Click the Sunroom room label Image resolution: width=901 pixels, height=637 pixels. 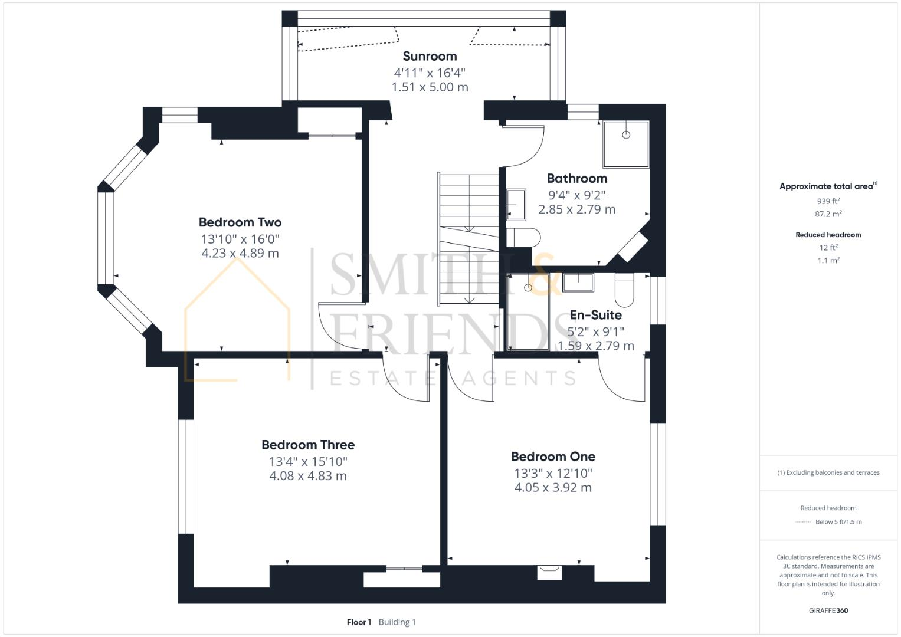pyautogui.click(x=430, y=57)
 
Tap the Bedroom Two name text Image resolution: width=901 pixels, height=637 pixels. pyautogui.click(x=240, y=222)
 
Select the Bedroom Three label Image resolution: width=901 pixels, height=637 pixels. pyautogui.click(x=307, y=445)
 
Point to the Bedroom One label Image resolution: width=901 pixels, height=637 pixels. pyautogui.click(x=553, y=457)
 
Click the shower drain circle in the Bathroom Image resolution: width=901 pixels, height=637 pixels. pyautogui.click(x=625, y=135)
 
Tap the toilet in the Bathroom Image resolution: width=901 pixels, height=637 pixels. pyautogui.click(x=523, y=237)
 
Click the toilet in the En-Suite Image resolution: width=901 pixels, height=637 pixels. pyautogui.click(x=624, y=290)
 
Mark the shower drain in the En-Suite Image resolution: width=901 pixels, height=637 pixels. pyautogui.click(x=528, y=288)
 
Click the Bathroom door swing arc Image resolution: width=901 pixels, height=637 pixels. pyautogui.click(x=528, y=147)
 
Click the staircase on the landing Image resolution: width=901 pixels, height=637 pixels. pyautogui.click(x=468, y=239)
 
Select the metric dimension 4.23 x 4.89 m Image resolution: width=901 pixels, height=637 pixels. pyautogui.click(x=240, y=254)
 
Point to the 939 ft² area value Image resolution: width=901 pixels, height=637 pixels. pyautogui.click(x=828, y=201)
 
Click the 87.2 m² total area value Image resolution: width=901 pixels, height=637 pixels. pyautogui.click(x=828, y=214)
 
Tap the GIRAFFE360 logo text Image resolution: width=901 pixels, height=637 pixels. pyautogui.click(x=828, y=610)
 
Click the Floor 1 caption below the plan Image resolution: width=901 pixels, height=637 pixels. pyautogui.click(x=359, y=622)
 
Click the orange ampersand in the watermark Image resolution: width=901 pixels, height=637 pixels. pyautogui.click(x=543, y=274)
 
